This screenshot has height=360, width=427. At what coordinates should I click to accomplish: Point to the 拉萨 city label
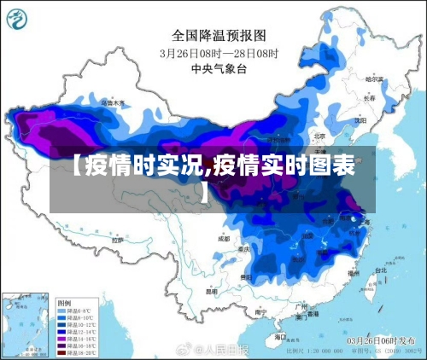(118, 241)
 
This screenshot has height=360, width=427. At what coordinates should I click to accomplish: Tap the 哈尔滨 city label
(373, 78)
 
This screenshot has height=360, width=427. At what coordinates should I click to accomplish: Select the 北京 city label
(319, 135)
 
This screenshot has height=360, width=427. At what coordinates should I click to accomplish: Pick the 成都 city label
(224, 239)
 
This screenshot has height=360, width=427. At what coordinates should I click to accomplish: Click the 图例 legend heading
(65, 304)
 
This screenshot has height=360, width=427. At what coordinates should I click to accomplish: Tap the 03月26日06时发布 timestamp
(384, 340)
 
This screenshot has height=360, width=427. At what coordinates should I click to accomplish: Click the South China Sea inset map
(25, 324)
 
